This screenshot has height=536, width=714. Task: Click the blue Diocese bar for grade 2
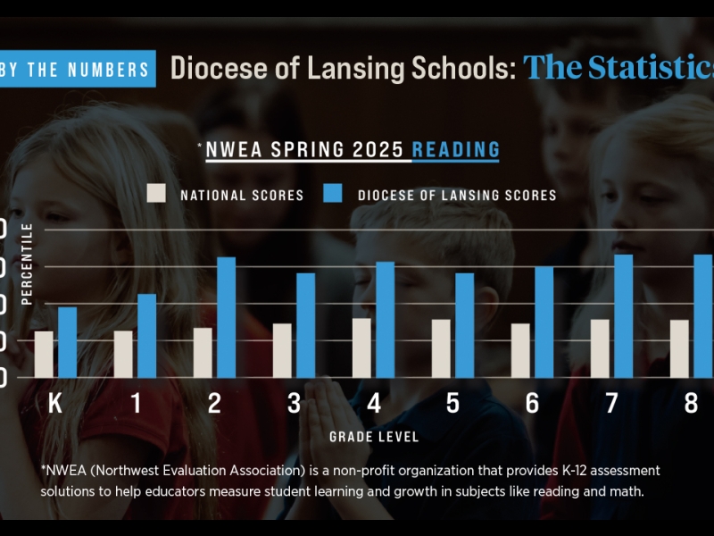click(x=227, y=317)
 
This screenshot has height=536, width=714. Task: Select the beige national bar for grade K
click(x=44, y=354)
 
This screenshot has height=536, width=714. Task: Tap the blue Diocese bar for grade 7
click(x=623, y=316)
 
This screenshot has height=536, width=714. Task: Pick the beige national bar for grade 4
click(x=361, y=348)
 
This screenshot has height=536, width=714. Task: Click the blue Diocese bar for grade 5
click(x=464, y=325)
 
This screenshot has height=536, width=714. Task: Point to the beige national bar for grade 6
click(x=520, y=350)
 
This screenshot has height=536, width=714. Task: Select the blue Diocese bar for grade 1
click(x=147, y=336)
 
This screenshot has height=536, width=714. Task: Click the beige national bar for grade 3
click(x=282, y=350)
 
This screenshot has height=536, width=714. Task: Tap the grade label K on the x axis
click(x=55, y=404)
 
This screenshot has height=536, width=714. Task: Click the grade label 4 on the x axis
click(x=373, y=404)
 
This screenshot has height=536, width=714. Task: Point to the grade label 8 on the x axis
click(x=691, y=404)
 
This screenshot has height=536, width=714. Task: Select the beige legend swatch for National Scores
click(x=157, y=194)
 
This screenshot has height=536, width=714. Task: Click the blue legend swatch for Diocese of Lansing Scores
click(x=334, y=194)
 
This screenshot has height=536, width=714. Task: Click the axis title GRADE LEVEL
click(x=373, y=437)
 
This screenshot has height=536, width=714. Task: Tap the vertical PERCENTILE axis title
click(x=27, y=264)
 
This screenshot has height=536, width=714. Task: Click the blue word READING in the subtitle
click(x=455, y=148)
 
